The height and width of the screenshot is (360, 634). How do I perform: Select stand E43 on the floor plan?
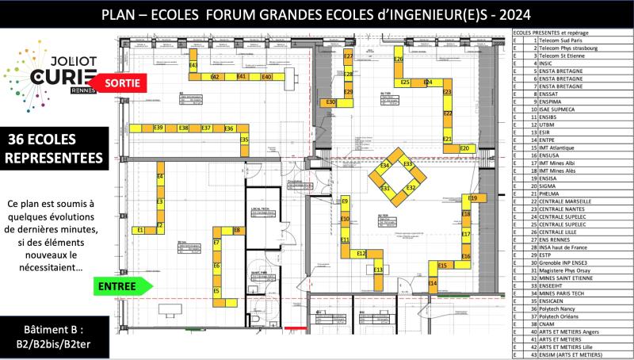193,65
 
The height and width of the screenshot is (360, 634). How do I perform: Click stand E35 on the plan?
244,140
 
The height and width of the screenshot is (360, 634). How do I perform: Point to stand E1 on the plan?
141,230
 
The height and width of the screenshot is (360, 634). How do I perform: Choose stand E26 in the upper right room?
399,60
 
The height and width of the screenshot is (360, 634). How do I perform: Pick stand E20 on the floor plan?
465,148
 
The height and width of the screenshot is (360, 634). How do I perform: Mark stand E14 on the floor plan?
433,283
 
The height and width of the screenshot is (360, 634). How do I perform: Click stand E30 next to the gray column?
331,102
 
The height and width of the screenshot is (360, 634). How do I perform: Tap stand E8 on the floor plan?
236,230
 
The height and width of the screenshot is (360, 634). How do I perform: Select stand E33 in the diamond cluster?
408,163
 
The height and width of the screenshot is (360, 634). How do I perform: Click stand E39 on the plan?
158,128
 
